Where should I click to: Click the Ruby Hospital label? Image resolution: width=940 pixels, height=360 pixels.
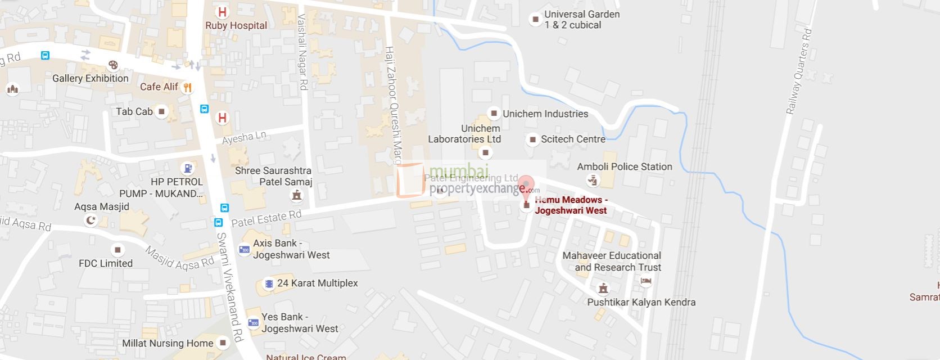click(x=236, y=25)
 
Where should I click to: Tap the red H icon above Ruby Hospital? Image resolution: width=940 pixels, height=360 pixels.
click(x=222, y=12)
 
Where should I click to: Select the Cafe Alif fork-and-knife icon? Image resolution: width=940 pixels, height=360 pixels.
click(x=188, y=87)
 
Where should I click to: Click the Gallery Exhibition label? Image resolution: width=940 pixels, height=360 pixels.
click(x=90, y=78)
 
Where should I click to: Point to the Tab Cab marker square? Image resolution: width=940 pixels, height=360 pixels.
click(x=162, y=111)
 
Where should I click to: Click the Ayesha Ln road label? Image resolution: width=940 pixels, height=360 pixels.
click(x=244, y=137)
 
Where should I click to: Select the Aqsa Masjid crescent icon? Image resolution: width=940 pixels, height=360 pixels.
click(x=90, y=220)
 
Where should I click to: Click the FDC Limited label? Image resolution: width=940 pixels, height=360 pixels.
click(x=106, y=263)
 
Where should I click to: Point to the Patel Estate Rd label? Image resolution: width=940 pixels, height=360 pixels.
click(x=266, y=218)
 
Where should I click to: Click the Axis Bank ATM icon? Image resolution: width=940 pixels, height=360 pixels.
click(x=245, y=249)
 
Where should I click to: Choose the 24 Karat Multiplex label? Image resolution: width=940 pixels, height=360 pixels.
click(x=317, y=283)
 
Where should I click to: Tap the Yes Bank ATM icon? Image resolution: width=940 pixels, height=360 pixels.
click(x=254, y=323)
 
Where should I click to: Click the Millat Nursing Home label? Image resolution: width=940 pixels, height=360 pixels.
click(x=168, y=343)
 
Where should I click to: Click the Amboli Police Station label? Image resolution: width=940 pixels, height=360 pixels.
click(x=624, y=166)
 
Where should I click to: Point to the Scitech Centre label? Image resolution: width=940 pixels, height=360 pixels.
click(x=573, y=139)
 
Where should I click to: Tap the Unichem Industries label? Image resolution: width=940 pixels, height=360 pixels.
click(x=545, y=114)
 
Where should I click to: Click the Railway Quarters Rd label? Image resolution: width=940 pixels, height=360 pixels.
click(x=799, y=71)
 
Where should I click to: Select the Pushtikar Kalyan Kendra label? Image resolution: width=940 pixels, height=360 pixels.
click(x=641, y=302)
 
